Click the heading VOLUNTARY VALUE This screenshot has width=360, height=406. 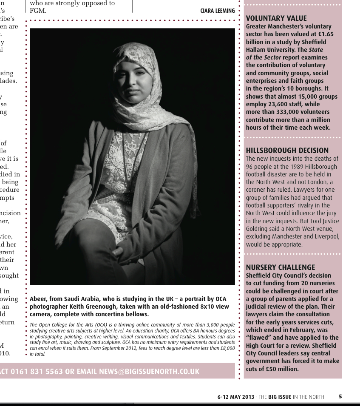(x=276, y=18)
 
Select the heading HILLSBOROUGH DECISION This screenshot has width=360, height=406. (x=287, y=150)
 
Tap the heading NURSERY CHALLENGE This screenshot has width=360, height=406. (x=281, y=267)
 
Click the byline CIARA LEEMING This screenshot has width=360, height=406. (x=217, y=11)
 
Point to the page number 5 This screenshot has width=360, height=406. (x=340, y=397)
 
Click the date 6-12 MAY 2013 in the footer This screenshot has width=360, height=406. (x=236, y=397)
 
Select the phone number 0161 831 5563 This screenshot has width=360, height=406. (x=37, y=371)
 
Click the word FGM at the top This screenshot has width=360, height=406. (x=37, y=11)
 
